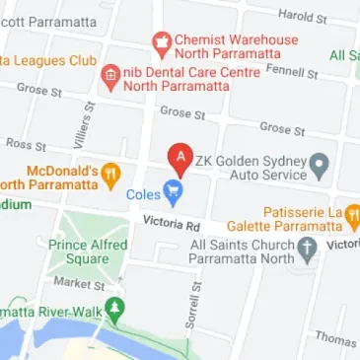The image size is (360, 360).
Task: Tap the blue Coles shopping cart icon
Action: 174,193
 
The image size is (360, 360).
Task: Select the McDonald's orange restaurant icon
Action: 111,176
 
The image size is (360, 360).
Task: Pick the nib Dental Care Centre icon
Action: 110,75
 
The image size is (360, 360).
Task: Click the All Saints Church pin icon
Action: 308,248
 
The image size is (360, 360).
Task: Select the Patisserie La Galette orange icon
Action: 352,215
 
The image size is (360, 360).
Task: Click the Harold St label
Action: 302,15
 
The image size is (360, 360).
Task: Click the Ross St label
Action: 26,144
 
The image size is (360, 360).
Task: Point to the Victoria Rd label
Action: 171,225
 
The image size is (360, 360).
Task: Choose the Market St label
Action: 79,283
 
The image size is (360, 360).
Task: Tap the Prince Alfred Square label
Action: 88,252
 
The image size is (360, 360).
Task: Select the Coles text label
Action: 143,194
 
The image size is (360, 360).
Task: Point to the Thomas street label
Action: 336,338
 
